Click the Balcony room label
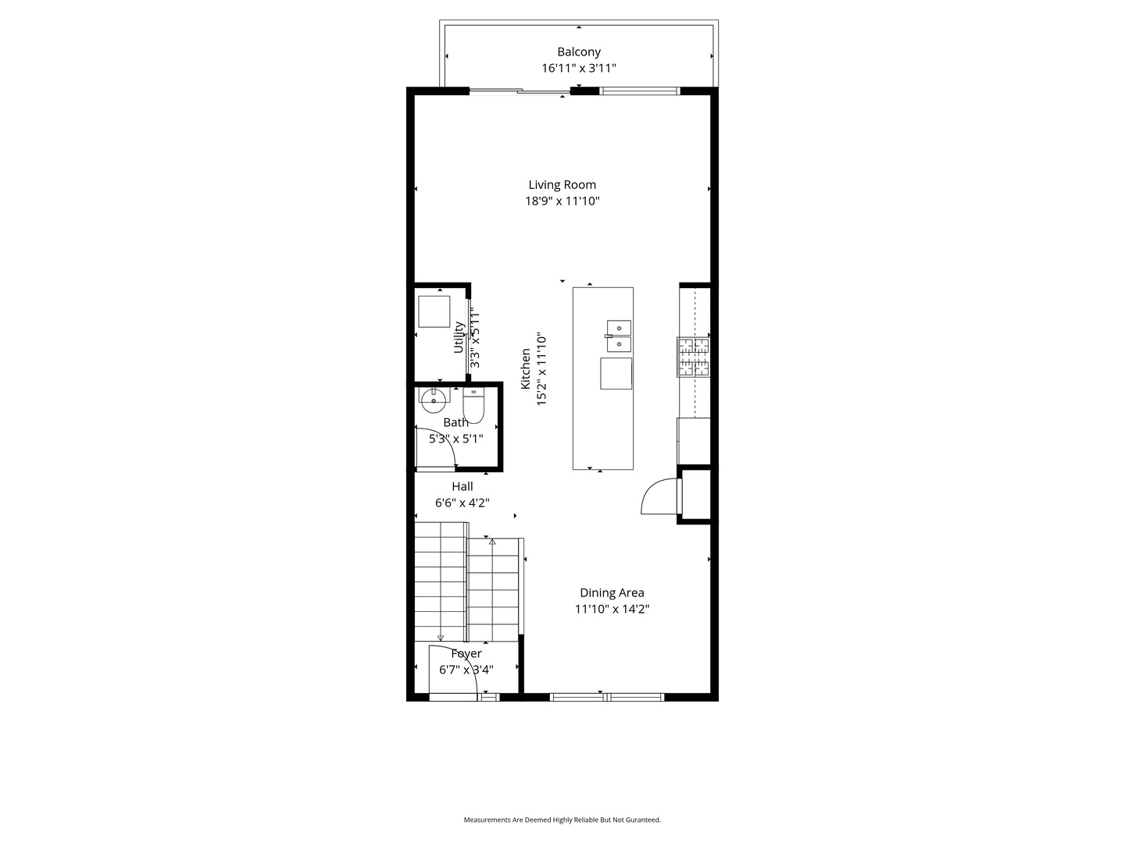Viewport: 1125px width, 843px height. (579, 52)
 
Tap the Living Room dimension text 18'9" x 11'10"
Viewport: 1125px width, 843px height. (562, 201)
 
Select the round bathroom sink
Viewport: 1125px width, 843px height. (433, 401)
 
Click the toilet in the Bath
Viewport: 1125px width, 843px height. (473, 406)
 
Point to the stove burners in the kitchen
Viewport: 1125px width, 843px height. (694, 357)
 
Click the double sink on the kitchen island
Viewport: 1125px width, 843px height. (619, 336)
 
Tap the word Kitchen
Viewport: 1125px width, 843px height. (526, 369)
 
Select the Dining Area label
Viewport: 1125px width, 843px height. (612, 593)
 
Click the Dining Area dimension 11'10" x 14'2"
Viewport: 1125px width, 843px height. (612, 610)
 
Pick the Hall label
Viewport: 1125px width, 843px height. (462, 487)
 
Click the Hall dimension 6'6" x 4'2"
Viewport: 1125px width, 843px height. (462, 503)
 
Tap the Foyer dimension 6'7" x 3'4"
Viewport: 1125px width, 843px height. (466, 670)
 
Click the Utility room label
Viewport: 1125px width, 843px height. (459, 337)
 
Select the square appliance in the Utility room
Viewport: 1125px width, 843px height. (434, 311)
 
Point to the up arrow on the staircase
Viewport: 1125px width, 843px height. (492, 541)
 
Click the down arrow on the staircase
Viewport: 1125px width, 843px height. (441, 637)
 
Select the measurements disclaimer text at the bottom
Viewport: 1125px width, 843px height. (562, 820)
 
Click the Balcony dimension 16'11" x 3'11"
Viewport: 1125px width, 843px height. (579, 69)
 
